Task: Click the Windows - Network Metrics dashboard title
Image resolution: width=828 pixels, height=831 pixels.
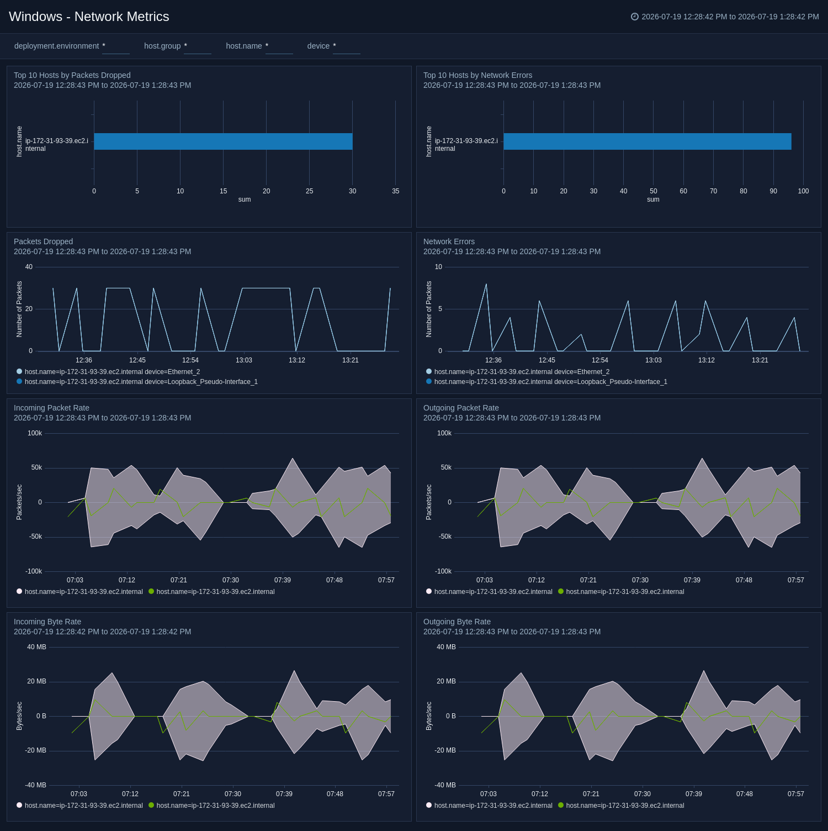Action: coord(89,17)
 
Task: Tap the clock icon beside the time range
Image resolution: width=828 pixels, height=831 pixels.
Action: coord(635,17)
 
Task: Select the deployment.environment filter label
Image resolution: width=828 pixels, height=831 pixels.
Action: coord(56,46)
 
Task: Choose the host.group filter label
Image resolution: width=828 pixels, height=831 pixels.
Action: coord(162,46)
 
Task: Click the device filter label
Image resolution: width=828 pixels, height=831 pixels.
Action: coord(319,46)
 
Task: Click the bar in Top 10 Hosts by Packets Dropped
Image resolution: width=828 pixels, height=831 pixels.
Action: coord(223,141)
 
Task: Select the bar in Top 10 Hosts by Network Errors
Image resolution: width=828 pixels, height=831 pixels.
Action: coord(647,141)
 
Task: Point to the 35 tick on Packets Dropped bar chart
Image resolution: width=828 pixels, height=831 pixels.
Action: coord(396,191)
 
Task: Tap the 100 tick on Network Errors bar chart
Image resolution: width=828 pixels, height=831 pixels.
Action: coord(803,191)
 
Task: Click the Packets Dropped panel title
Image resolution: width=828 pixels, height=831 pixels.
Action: coord(43,241)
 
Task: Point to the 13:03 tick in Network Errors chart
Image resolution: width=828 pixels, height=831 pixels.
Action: coord(654,360)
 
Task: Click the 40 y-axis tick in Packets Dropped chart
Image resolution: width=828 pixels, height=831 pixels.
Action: coord(29,267)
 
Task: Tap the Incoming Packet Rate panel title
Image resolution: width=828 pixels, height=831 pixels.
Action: coord(51,408)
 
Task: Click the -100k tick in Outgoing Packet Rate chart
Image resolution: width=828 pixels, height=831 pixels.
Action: coord(443,571)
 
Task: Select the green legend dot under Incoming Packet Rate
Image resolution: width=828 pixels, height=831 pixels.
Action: coord(151,591)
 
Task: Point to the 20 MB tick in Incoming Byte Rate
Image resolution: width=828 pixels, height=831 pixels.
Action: coord(37,681)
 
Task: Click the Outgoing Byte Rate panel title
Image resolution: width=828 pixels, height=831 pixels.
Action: coord(457,622)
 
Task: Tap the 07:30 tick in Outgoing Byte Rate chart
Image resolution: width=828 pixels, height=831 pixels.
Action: coord(643,794)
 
